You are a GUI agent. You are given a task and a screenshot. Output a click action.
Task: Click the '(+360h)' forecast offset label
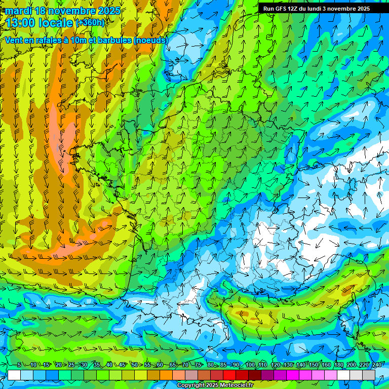click(x=90, y=23)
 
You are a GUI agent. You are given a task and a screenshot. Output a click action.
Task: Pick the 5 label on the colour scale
click(x=19, y=365)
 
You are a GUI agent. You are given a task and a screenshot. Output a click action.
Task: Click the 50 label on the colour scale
click(x=134, y=365)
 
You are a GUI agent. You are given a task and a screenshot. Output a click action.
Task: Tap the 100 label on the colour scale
click(x=250, y=365)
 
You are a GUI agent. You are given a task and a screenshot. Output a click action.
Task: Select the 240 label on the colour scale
click(x=376, y=365)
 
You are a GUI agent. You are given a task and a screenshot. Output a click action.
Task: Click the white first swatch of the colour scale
click(x=14, y=375)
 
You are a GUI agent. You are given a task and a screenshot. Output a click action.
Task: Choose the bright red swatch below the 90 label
click(x=229, y=375)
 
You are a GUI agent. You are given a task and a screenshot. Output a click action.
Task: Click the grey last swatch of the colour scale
click(x=369, y=375)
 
